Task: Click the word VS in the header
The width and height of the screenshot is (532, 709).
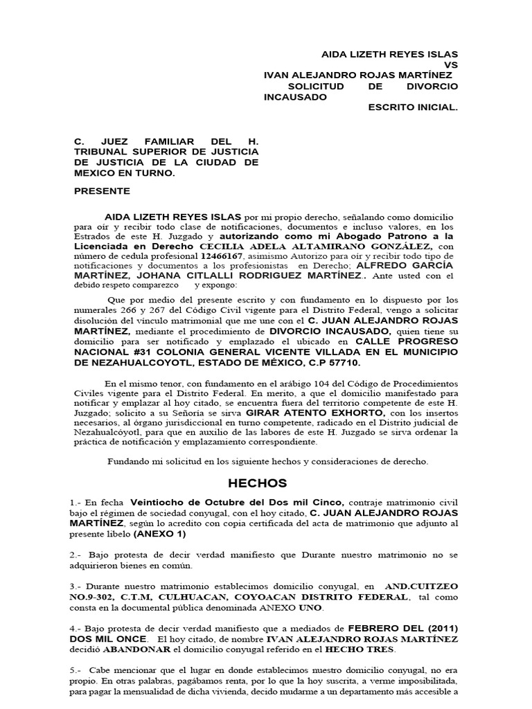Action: click(450, 64)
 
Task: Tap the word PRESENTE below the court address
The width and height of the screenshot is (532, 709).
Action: click(101, 190)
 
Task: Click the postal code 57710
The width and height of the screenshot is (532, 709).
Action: click(346, 363)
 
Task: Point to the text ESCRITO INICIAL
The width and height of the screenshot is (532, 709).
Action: click(413, 108)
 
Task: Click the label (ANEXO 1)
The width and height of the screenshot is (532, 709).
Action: click(160, 534)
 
